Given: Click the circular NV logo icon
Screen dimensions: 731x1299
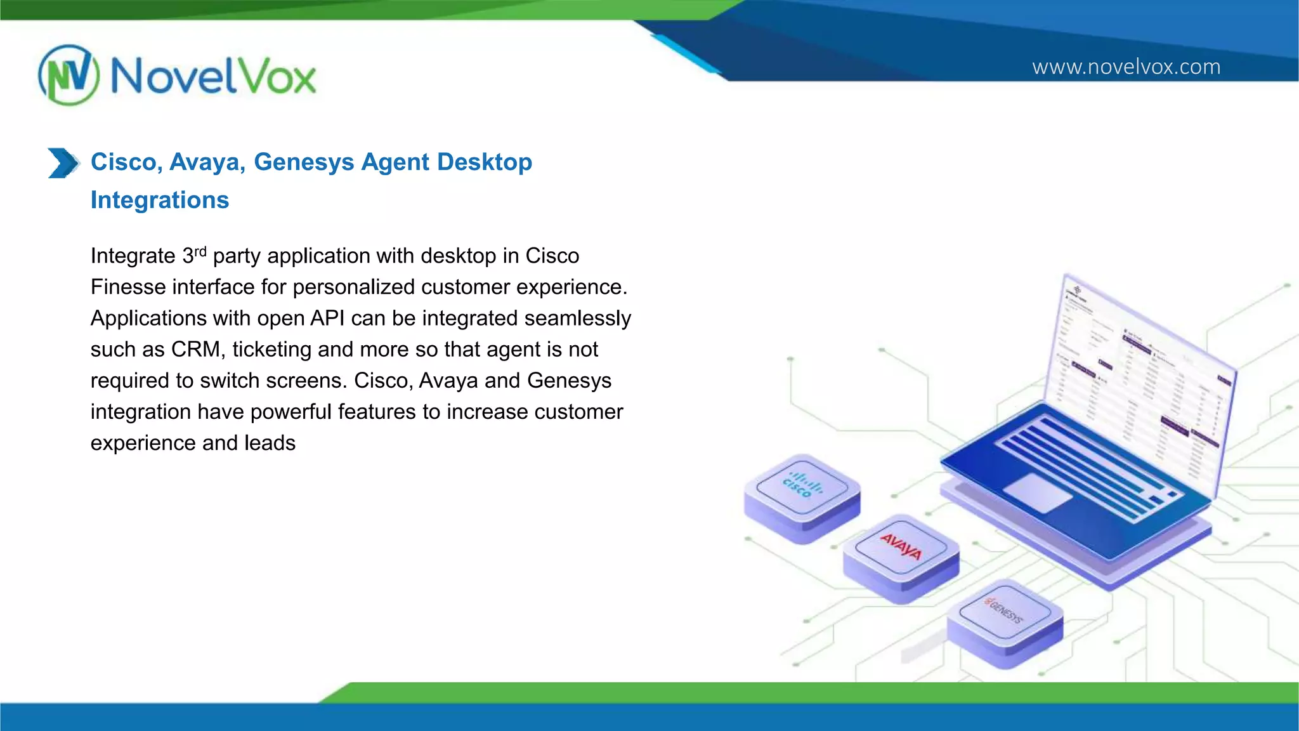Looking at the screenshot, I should coord(69,75).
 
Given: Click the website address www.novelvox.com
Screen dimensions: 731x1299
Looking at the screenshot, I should coord(1126,67).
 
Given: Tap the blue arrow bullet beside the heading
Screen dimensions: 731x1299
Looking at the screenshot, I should coord(63,163).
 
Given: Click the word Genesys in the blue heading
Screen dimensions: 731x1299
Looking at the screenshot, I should coord(304,162).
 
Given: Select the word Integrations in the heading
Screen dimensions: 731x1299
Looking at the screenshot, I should coord(160,200).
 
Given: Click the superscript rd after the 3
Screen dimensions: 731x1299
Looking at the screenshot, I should coord(200,251).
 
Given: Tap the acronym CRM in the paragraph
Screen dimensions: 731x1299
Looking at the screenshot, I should coord(195,349).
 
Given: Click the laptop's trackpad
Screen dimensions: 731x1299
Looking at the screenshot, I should coord(1038,492).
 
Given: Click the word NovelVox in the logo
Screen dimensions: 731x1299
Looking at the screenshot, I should coord(213,77).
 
